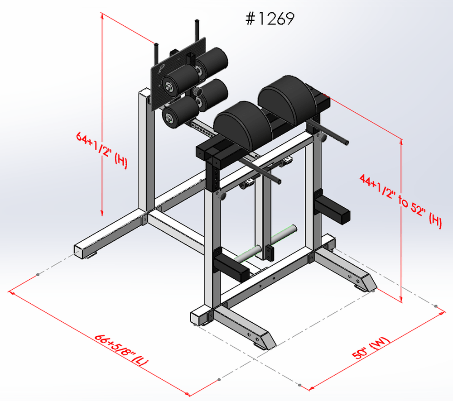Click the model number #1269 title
coord(270,19)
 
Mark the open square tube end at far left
coord(80,252)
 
